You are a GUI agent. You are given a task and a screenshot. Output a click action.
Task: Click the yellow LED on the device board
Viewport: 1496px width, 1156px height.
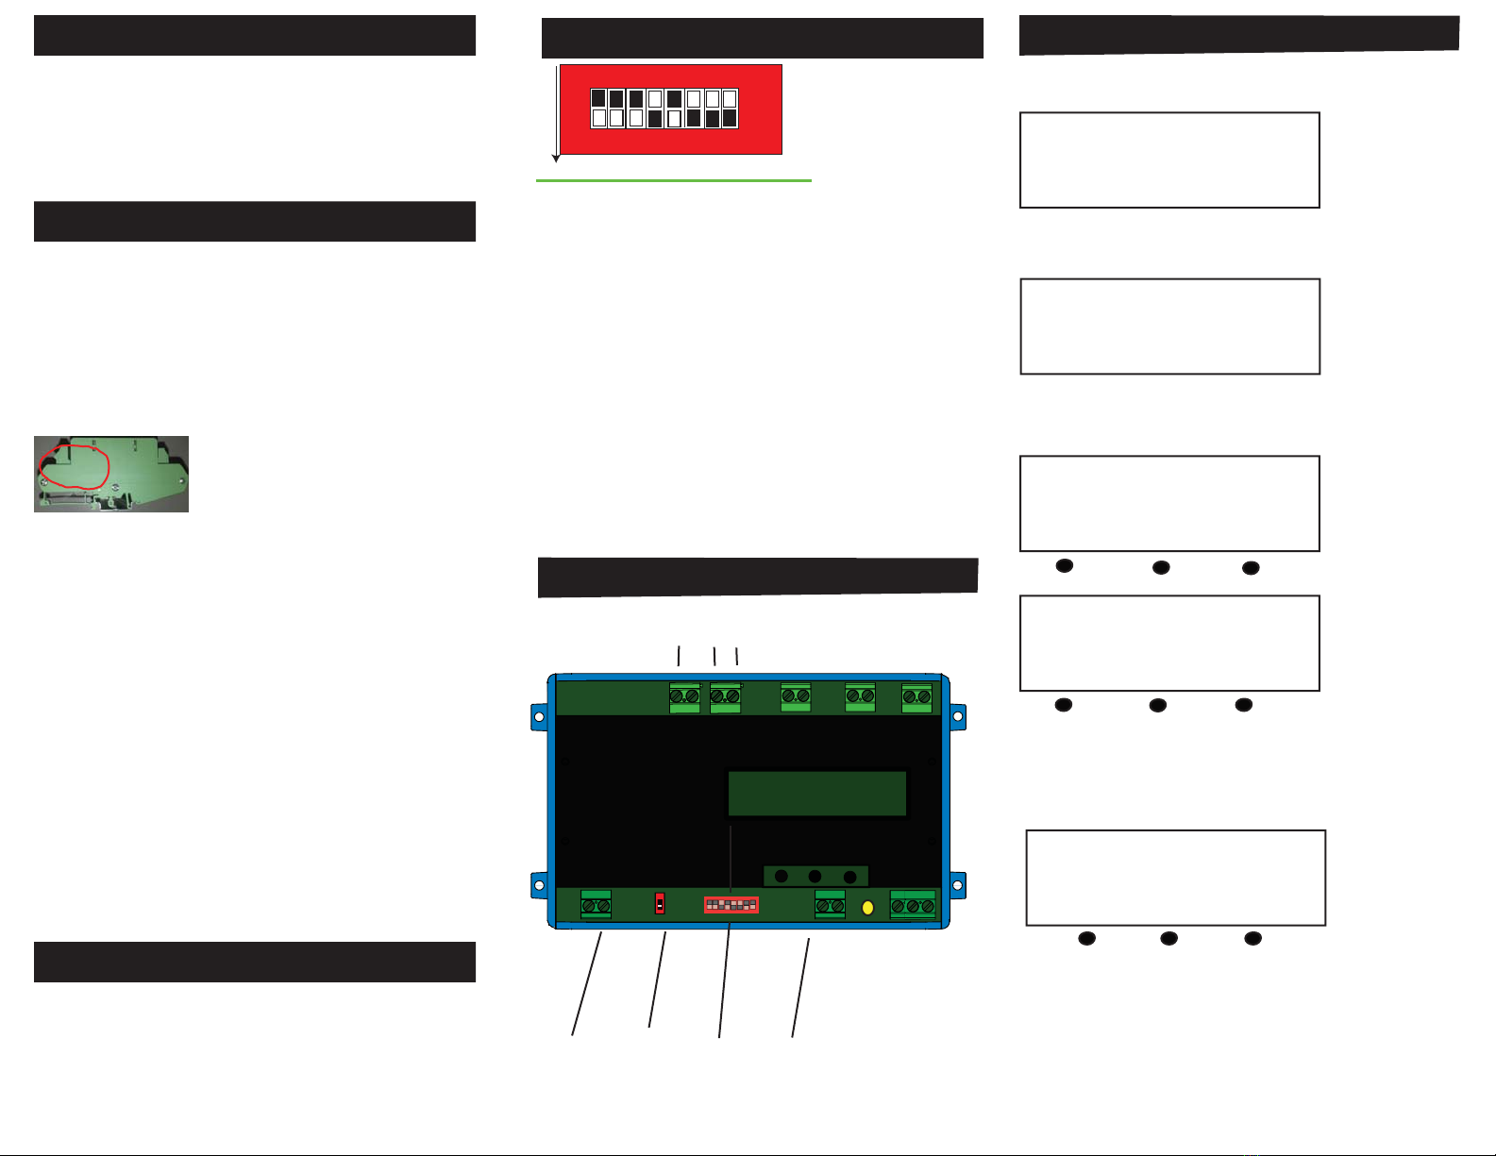click(x=867, y=908)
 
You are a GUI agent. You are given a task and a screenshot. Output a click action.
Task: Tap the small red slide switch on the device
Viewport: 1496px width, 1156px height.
click(x=660, y=904)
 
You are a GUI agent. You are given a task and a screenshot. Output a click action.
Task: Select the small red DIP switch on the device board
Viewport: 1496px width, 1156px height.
click(x=731, y=905)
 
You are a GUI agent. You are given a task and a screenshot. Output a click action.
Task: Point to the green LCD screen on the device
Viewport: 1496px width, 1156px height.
click(x=817, y=794)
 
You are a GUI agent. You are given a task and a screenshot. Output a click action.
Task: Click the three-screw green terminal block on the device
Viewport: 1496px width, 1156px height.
click(x=913, y=905)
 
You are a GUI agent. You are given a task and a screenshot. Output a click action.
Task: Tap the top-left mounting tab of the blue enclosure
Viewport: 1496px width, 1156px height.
click(x=538, y=717)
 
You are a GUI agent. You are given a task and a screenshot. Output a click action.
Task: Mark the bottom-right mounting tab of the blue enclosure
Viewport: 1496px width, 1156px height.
click(x=957, y=885)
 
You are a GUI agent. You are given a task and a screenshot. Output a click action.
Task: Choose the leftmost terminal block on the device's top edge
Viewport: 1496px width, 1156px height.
click(x=684, y=697)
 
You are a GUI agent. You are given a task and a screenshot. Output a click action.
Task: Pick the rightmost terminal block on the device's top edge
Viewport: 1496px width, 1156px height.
click(x=916, y=697)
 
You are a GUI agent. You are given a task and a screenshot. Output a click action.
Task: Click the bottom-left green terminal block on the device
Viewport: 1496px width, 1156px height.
click(x=596, y=905)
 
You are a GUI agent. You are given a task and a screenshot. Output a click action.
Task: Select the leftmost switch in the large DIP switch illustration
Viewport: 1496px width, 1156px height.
click(x=598, y=109)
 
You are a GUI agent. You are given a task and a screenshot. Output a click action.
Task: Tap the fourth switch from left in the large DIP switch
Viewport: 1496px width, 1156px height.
click(x=655, y=109)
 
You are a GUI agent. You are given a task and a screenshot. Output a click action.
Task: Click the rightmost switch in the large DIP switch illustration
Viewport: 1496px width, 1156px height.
click(x=730, y=109)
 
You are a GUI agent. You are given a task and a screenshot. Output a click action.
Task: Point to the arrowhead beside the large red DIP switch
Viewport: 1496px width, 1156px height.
click(x=556, y=158)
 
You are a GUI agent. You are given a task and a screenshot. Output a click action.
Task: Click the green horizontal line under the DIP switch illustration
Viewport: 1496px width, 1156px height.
click(x=673, y=180)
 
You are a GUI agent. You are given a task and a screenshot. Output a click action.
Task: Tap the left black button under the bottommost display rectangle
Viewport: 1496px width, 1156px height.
click(x=1086, y=938)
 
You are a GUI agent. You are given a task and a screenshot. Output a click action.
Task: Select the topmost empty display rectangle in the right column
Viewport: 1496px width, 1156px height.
click(x=1169, y=160)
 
